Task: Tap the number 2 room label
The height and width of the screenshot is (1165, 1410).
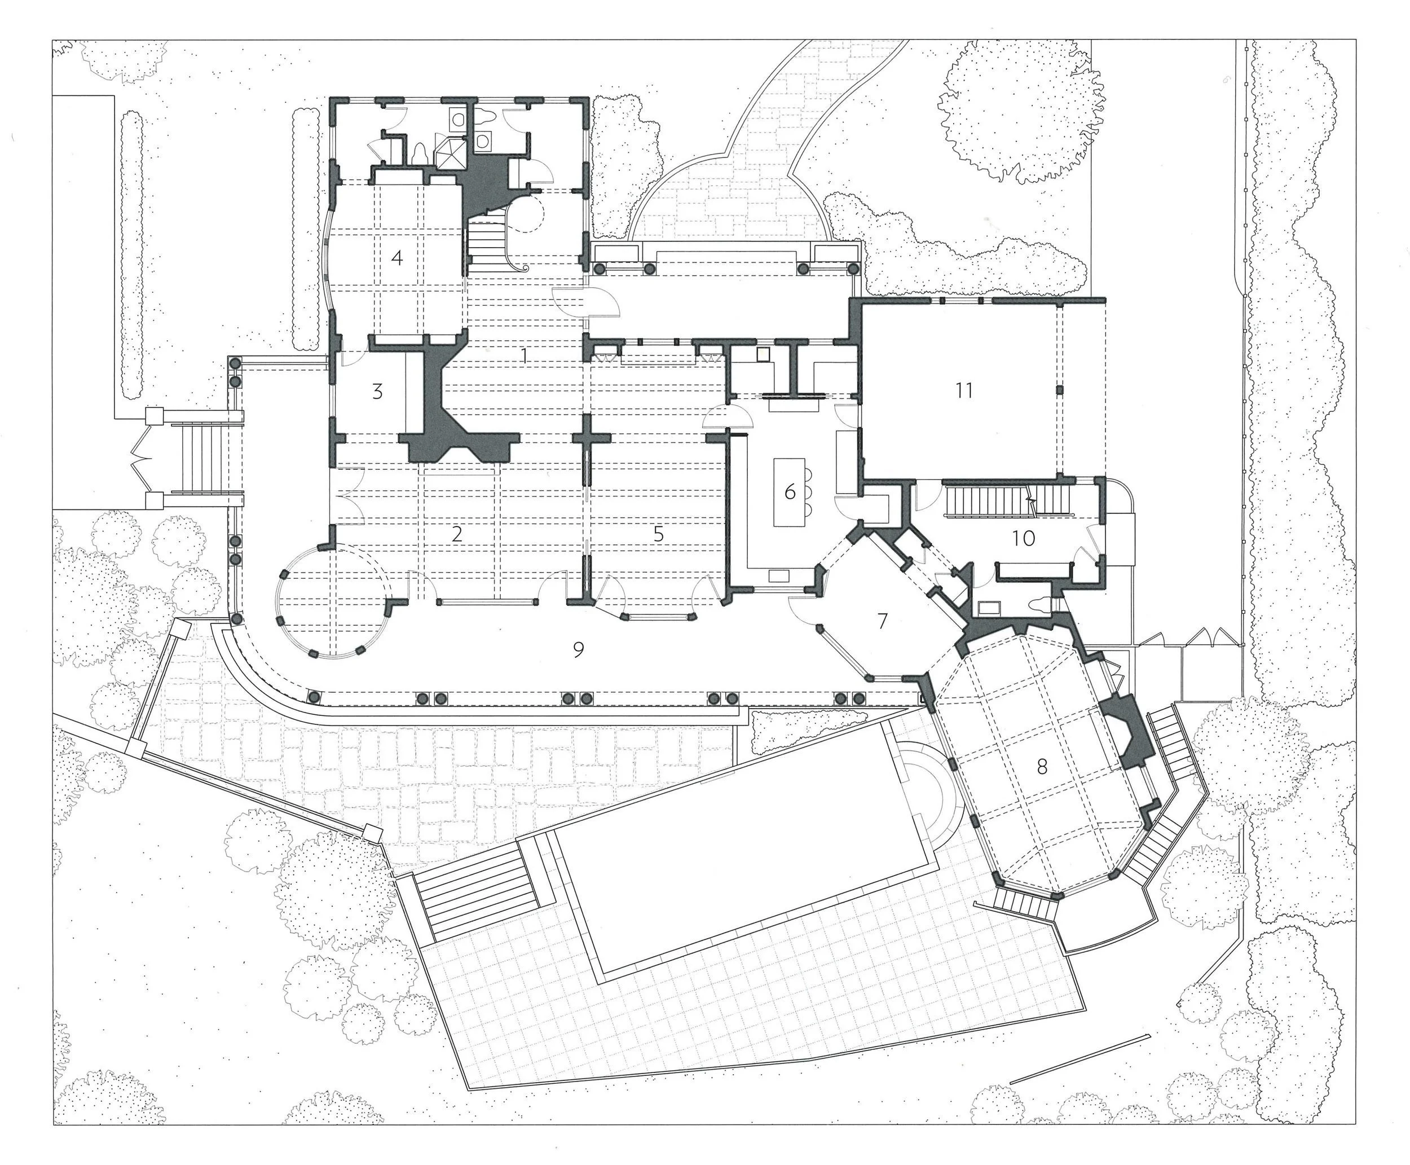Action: tap(457, 534)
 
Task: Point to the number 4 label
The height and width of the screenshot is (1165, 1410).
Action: tap(397, 257)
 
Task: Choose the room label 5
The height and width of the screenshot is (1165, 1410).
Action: tap(659, 534)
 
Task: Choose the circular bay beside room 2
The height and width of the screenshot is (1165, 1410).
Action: tap(333, 601)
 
